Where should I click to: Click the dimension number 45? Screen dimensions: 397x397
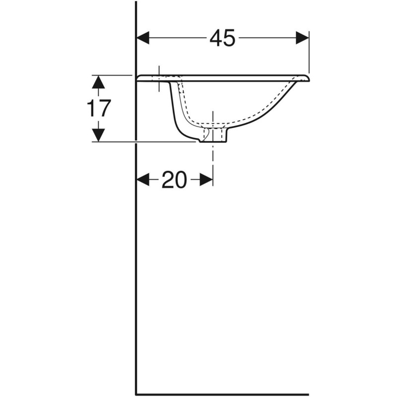[x=222, y=38]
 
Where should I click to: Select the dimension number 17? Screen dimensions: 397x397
[x=99, y=108]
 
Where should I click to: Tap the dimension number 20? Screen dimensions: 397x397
[x=174, y=180]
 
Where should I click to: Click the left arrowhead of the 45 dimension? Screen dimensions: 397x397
[x=143, y=38]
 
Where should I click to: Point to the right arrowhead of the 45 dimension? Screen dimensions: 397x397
[x=302, y=38]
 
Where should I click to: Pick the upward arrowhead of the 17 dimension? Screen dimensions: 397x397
[x=99, y=82]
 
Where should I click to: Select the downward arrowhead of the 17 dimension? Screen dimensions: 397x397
[x=99, y=134]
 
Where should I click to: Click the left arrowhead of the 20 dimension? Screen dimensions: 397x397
[x=143, y=180]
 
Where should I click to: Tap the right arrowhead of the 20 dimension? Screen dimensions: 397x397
[x=206, y=180]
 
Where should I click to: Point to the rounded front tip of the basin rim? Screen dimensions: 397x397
[x=307, y=78]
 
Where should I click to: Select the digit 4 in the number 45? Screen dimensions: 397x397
[x=215, y=38]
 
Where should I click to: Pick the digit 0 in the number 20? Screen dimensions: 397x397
[x=181, y=180]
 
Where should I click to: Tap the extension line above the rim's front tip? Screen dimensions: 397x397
[x=309, y=55]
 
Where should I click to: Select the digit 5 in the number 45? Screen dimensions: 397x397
[x=229, y=38]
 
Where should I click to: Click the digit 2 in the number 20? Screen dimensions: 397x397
[x=168, y=180]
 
